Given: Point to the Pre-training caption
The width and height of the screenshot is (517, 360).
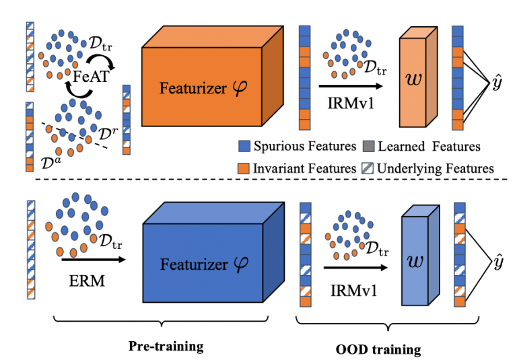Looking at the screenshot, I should point(167,347).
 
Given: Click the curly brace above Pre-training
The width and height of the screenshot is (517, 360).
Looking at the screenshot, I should point(167,328).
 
